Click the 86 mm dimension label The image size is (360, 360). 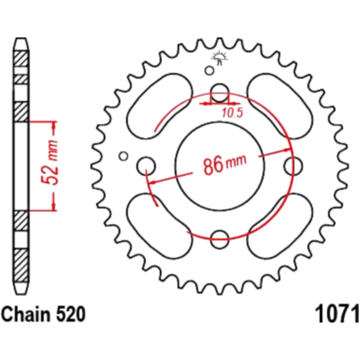pos(225,164)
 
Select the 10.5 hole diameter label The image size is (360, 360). pos(232,113)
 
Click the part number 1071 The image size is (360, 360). pos(337,314)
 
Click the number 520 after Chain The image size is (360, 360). pos(71,314)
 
